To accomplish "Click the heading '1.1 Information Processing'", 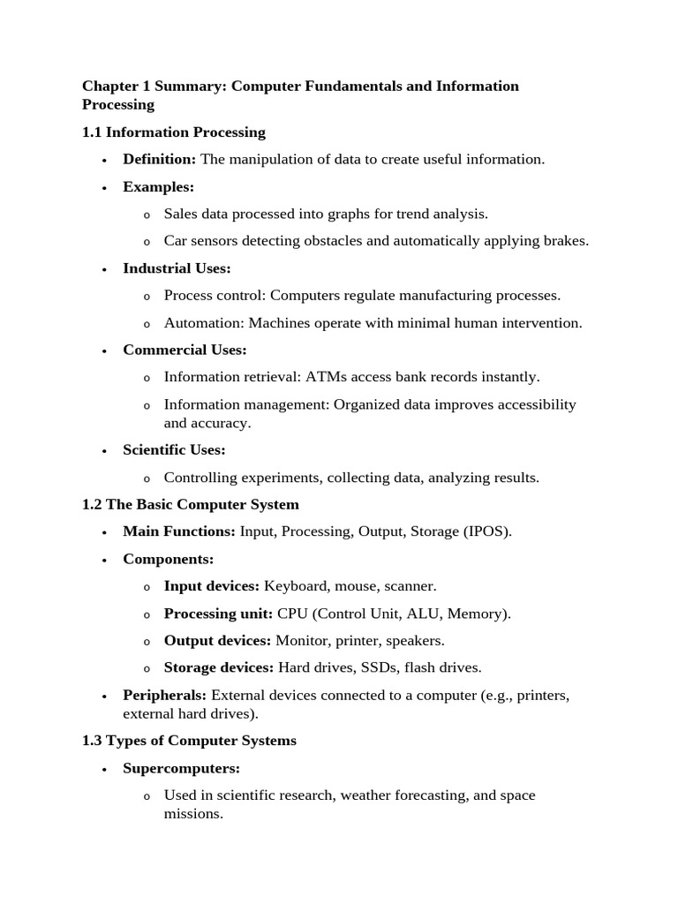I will click(x=173, y=132).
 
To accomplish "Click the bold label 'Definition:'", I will click(x=159, y=160).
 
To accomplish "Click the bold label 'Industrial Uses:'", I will click(x=177, y=268).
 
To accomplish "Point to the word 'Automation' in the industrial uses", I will click(x=197, y=323).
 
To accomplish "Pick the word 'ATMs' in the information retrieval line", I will click(x=326, y=377).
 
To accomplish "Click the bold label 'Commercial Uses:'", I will click(x=185, y=350).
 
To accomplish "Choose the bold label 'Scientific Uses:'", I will click(x=174, y=450).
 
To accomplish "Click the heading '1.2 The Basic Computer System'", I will click(x=190, y=505).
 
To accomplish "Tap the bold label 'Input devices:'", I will click(x=212, y=586).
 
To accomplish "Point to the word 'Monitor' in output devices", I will click(x=300, y=640).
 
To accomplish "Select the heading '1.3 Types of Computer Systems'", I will click(x=189, y=741).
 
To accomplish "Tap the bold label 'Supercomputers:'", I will click(x=181, y=768).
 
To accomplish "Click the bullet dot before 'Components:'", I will click(x=104, y=561).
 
